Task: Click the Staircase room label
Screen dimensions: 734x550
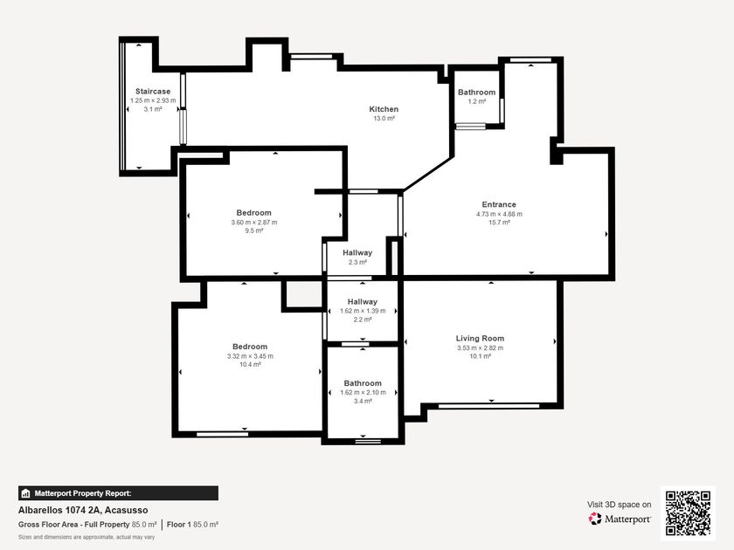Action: (x=153, y=91)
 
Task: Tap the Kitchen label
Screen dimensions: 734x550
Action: (x=384, y=109)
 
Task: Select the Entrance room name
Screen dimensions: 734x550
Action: (x=499, y=204)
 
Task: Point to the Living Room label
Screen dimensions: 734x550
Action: (x=481, y=338)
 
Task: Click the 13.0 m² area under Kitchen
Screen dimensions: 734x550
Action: (x=384, y=119)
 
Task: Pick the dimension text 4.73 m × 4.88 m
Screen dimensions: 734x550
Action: (x=499, y=214)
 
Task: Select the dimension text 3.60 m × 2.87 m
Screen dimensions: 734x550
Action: (x=253, y=222)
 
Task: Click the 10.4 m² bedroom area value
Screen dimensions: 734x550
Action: (x=250, y=364)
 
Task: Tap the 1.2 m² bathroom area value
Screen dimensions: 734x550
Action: (x=476, y=101)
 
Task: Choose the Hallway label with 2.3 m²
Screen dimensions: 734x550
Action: (x=357, y=252)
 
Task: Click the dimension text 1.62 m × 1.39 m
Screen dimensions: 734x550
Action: (x=363, y=311)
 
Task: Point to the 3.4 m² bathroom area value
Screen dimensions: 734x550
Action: (x=363, y=401)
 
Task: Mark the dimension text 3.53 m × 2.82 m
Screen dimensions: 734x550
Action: (x=481, y=347)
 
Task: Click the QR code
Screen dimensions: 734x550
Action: (x=689, y=513)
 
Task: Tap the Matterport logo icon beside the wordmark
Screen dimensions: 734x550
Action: (x=595, y=519)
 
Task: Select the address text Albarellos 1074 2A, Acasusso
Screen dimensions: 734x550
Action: (x=83, y=510)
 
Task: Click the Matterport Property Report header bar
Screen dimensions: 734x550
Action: (x=118, y=493)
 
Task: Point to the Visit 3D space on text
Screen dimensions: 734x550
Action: (x=620, y=505)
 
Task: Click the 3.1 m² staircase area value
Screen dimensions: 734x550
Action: (x=153, y=109)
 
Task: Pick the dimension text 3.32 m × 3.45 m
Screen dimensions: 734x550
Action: (x=250, y=356)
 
